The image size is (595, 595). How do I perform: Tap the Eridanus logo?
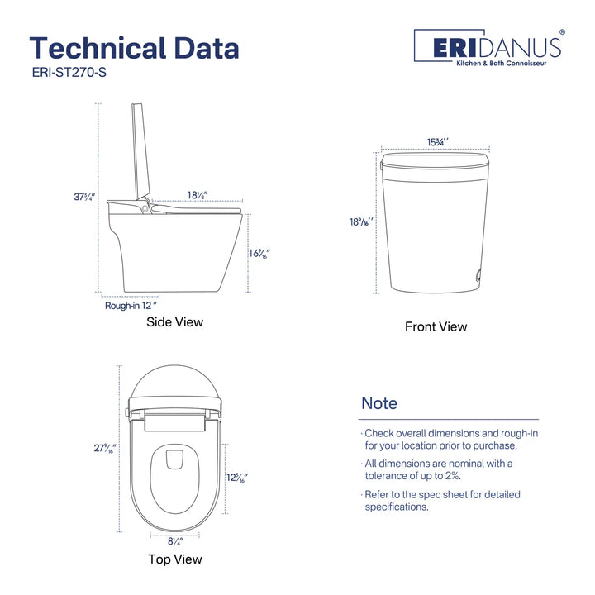[488, 47]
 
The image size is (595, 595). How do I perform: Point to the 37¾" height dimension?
[85, 197]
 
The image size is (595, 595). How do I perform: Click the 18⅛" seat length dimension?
[197, 195]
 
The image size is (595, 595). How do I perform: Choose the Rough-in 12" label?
[131, 305]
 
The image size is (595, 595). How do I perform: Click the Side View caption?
[174, 322]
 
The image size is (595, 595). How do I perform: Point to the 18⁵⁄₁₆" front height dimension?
[361, 221]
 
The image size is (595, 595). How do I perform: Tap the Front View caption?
[436, 326]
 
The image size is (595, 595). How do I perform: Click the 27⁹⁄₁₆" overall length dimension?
[105, 450]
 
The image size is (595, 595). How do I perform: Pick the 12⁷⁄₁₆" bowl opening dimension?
[236, 478]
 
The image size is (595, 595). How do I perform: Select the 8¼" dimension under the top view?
[174, 541]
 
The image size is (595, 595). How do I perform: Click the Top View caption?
[174, 559]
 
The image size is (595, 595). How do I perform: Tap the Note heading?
[379, 403]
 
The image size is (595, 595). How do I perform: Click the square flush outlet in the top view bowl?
[174, 459]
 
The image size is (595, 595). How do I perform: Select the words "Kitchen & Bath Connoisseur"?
[510, 63]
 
